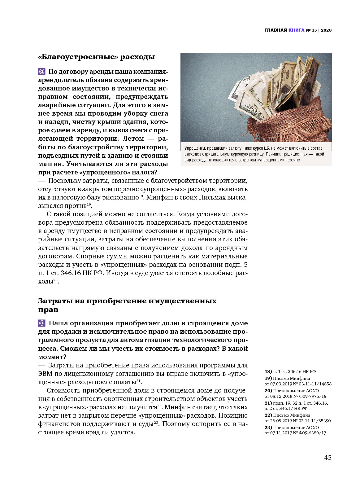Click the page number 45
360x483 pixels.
coord(327,457)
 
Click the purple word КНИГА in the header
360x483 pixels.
coord(296,30)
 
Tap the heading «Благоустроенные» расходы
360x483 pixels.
coord(96,57)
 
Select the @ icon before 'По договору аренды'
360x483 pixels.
coord(42,72)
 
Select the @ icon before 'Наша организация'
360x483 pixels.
coord(42,323)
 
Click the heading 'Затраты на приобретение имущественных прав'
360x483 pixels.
coord(127,305)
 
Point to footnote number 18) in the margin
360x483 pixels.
coord(268,371)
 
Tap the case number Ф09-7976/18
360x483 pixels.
coord(312,396)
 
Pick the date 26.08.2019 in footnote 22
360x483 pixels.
coord(281,421)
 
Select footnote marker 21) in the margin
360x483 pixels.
coord(268,403)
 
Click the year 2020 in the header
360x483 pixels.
coord(326,30)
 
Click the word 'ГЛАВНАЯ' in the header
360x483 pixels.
coord(275,30)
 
